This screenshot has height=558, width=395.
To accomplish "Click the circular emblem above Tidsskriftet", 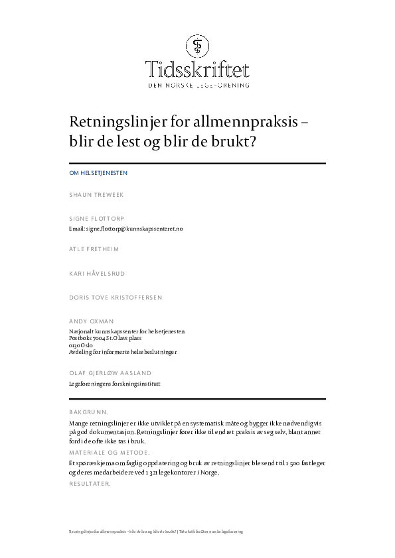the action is pyautogui.click(x=197, y=46).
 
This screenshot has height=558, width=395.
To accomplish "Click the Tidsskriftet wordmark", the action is pyautogui.click(x=197, y=69).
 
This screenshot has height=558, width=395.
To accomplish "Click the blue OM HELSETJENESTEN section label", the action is pyautogui.click(x=98, y=173).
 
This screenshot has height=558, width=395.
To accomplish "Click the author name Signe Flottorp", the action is pyautogui.click(x=97, y=218).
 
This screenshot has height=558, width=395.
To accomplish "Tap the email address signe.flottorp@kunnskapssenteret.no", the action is pyautogui.click(x=125, y=228).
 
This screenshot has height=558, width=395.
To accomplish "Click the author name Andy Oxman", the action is pyautogui.click(x=92, y=321).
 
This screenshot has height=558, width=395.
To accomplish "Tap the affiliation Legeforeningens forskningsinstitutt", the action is pyautogui.click(x=115, y=383).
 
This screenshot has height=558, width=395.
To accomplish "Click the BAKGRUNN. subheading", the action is pyautogui.click(x=89, y=412).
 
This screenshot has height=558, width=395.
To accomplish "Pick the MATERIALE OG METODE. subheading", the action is pyautogui.click(x=110, y=452).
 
